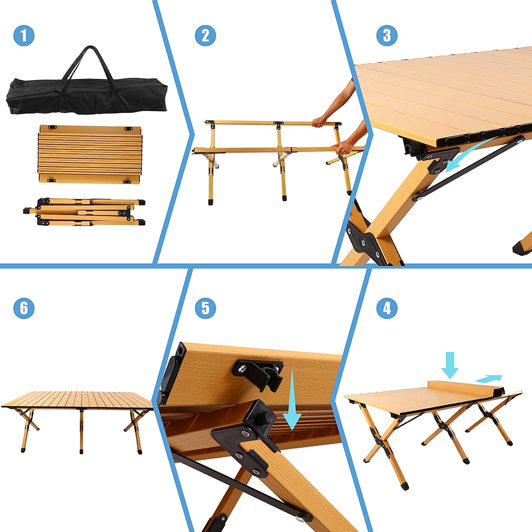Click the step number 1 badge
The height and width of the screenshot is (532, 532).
point(24,35)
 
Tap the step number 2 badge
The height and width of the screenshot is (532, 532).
point(205,35)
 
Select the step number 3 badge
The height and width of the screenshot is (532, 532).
point(387,35)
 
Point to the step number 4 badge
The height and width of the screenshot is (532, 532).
point(387,308)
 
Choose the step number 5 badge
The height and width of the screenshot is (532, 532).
point(205,308)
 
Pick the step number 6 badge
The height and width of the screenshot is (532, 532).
point(24,308)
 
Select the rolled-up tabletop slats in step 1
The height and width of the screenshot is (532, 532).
point(90,154)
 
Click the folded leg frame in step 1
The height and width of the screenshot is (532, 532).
point(84,212)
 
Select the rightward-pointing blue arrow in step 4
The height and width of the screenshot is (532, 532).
point(489,379)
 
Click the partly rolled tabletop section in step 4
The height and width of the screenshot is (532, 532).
point(465,389)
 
